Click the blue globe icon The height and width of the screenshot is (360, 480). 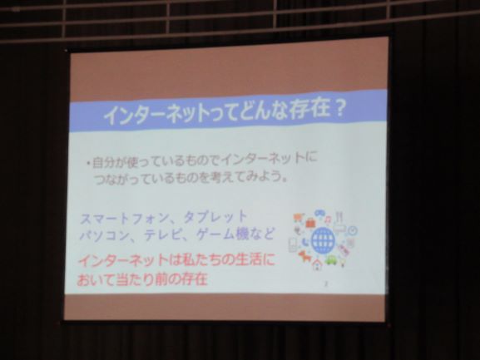323,240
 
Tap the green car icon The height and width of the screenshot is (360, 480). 331,260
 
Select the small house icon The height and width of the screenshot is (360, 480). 317,264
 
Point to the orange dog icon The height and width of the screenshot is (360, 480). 305,256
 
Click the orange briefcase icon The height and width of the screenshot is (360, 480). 309,223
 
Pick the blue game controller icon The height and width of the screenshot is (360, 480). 319,213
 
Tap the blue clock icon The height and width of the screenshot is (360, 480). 353,230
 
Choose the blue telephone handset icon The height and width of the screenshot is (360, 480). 305,242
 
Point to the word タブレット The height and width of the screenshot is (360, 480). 215,216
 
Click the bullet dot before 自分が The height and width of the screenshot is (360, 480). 88,165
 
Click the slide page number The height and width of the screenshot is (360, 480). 326,284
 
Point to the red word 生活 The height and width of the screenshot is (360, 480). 247,260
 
